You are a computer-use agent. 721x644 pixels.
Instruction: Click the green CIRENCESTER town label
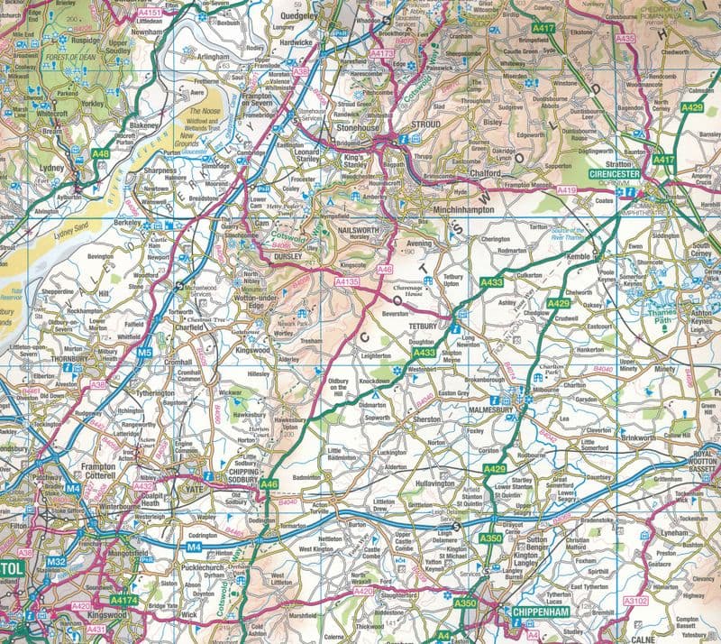615,172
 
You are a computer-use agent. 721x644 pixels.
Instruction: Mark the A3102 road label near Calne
635,598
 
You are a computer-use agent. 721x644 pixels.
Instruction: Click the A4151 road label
151,13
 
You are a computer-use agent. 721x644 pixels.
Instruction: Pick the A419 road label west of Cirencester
566,190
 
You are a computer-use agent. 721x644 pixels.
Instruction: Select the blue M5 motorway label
144,353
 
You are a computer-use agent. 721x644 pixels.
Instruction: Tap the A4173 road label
383,54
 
